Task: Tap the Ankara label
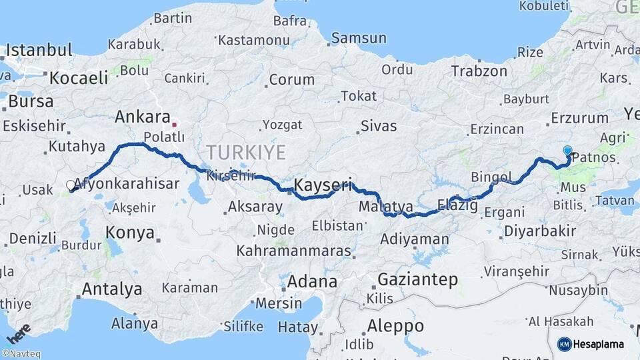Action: click(142, 117)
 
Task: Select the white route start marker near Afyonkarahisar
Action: click(71, 185)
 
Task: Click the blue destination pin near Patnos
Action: click(567, 151)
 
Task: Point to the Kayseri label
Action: click(323, 185)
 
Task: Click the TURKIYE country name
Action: click(246, 152)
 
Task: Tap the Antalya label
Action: click(111, 289)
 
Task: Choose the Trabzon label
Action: click(479, 71)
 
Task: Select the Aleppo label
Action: click(395, 326)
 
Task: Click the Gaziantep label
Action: click(419, 279)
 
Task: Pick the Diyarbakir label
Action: click(540, 231)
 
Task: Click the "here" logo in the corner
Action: click(19, 332)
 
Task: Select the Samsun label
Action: click(359, 38)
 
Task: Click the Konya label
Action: click(130, 233)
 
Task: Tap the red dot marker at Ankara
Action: click(174, 124)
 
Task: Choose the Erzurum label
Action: click(579, 119)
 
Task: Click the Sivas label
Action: click(378, 125)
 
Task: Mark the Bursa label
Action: click(31, 102)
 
